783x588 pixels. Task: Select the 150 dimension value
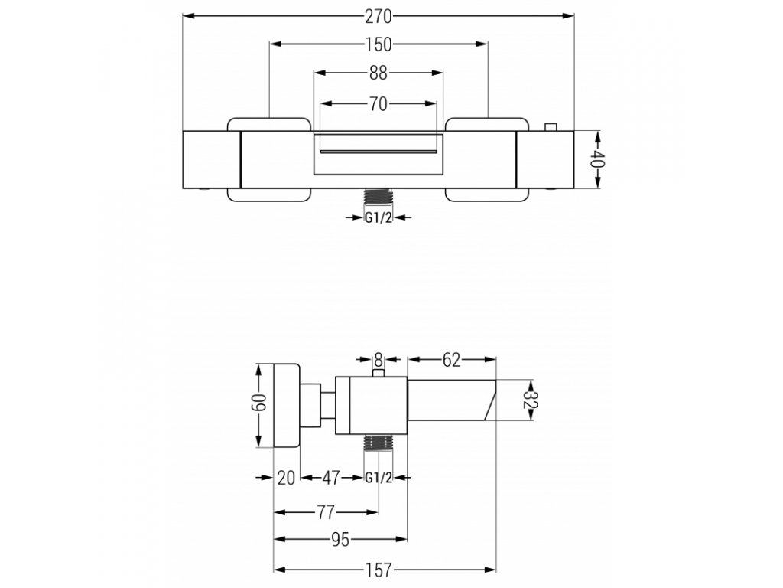coord(379,44)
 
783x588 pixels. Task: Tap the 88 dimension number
coord(379,73)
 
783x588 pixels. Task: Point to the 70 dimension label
coord(379,105)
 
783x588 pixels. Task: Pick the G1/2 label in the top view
coord(379,217)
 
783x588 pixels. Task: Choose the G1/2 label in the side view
coord(379,478)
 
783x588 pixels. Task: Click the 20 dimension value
coord(286,478)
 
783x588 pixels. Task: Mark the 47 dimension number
coord(330,478)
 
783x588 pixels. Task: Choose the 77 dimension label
coord(327,511)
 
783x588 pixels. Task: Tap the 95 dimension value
coord(340,541)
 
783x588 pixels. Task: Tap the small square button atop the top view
coord(550,126)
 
